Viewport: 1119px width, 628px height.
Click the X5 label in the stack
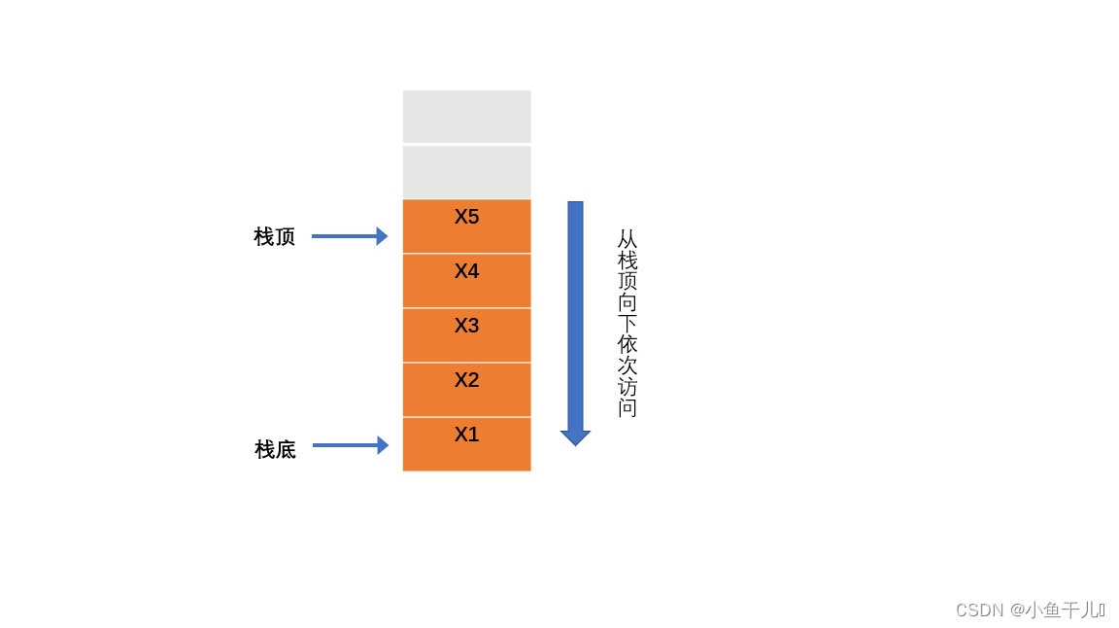click(x=466, y=217)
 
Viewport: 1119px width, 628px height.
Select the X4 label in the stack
click(x=466, y=271)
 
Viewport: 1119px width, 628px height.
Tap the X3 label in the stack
click(x=466, y=326)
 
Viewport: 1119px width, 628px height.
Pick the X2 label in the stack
click(x=466, y=380)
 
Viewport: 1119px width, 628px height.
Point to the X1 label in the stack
click(x=466, y=435)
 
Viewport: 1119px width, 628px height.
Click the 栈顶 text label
click(x=274, y=236)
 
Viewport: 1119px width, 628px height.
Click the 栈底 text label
click(x=275, y=449)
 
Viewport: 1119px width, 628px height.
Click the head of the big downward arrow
click(x=575, y=437)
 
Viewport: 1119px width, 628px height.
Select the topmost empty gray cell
click(x=466, y=117)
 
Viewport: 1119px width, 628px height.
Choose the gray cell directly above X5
click(x=466, y=172)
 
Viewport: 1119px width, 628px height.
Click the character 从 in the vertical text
click(x=627, y=239)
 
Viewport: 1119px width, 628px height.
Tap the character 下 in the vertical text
click(x=627, y=324)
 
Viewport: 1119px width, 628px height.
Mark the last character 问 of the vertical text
click(x=627, y=408)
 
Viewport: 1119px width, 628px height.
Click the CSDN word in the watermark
click(x=979, y=611)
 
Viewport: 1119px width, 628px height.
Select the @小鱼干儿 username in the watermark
click(x=1057, y=611)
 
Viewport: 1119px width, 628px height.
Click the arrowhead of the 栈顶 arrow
click(x=382, y=236)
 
